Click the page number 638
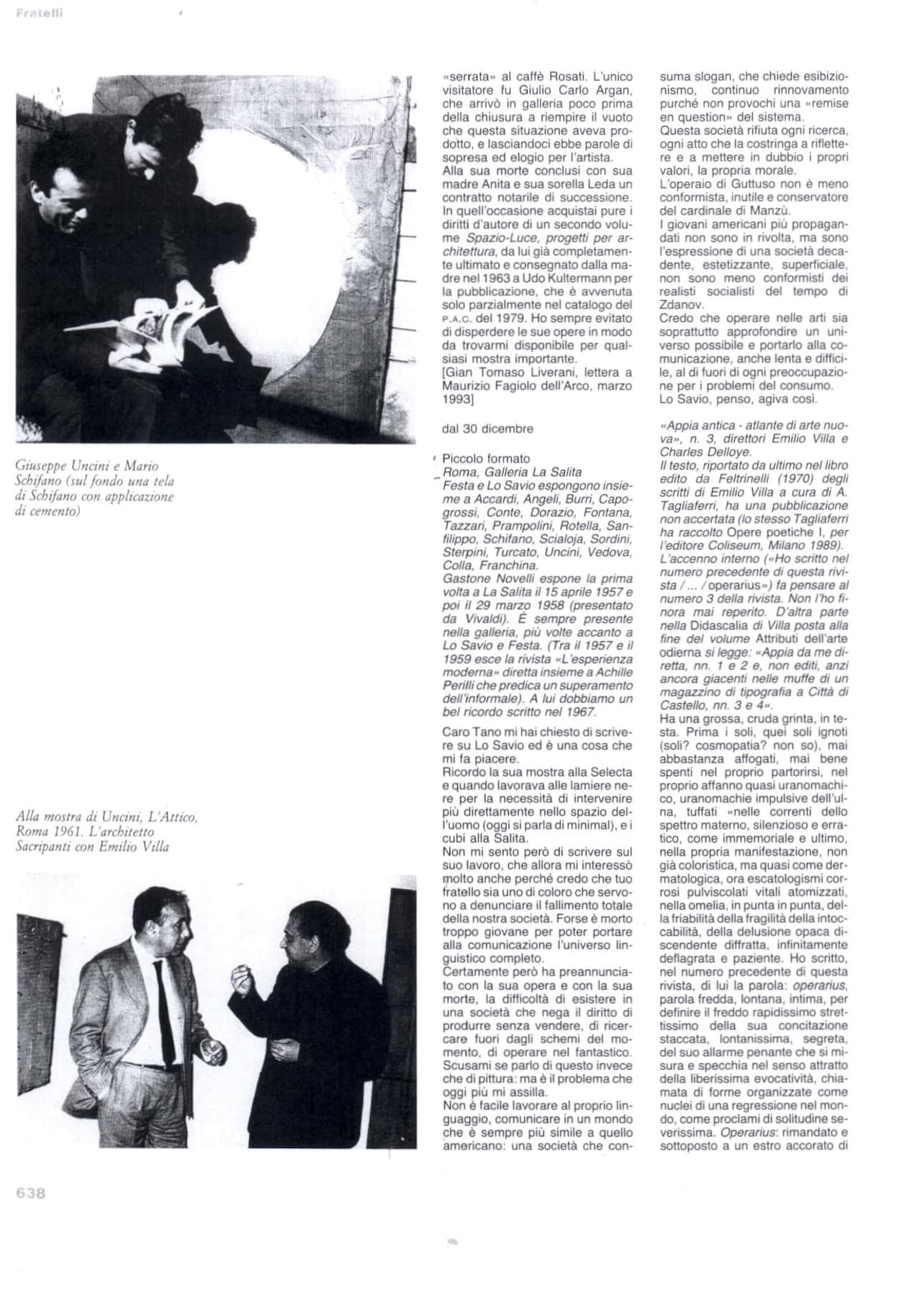coord(30,1193)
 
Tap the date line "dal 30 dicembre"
coord(487,429)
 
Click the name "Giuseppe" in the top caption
coord(40,466)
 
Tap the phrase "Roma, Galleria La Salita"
coord(512,472)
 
